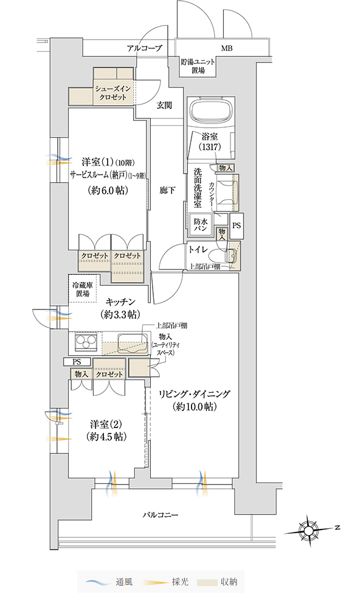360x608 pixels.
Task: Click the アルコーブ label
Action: [144, 48]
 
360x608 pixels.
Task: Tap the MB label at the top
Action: [227, 48]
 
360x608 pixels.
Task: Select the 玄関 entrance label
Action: [164, 105]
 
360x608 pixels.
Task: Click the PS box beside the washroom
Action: [236, 226]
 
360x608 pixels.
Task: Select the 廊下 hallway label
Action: [167, 190]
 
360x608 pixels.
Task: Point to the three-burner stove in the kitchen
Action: [86, 342]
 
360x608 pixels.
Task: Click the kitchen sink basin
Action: [133, 342]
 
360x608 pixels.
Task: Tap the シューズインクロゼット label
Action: [112, 93]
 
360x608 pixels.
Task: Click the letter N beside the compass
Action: [337, 528]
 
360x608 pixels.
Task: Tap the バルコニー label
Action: [160, 515]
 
